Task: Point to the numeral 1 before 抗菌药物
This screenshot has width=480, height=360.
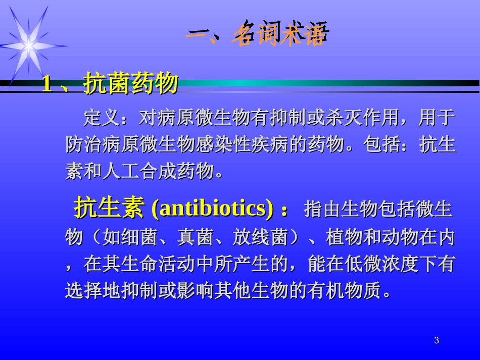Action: [x=47, y=84]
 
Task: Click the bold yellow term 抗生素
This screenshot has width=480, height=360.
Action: [x=109, y=209]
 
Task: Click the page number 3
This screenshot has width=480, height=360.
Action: [x=437, y=341]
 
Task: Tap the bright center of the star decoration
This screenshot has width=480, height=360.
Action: [x=29, y=46]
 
